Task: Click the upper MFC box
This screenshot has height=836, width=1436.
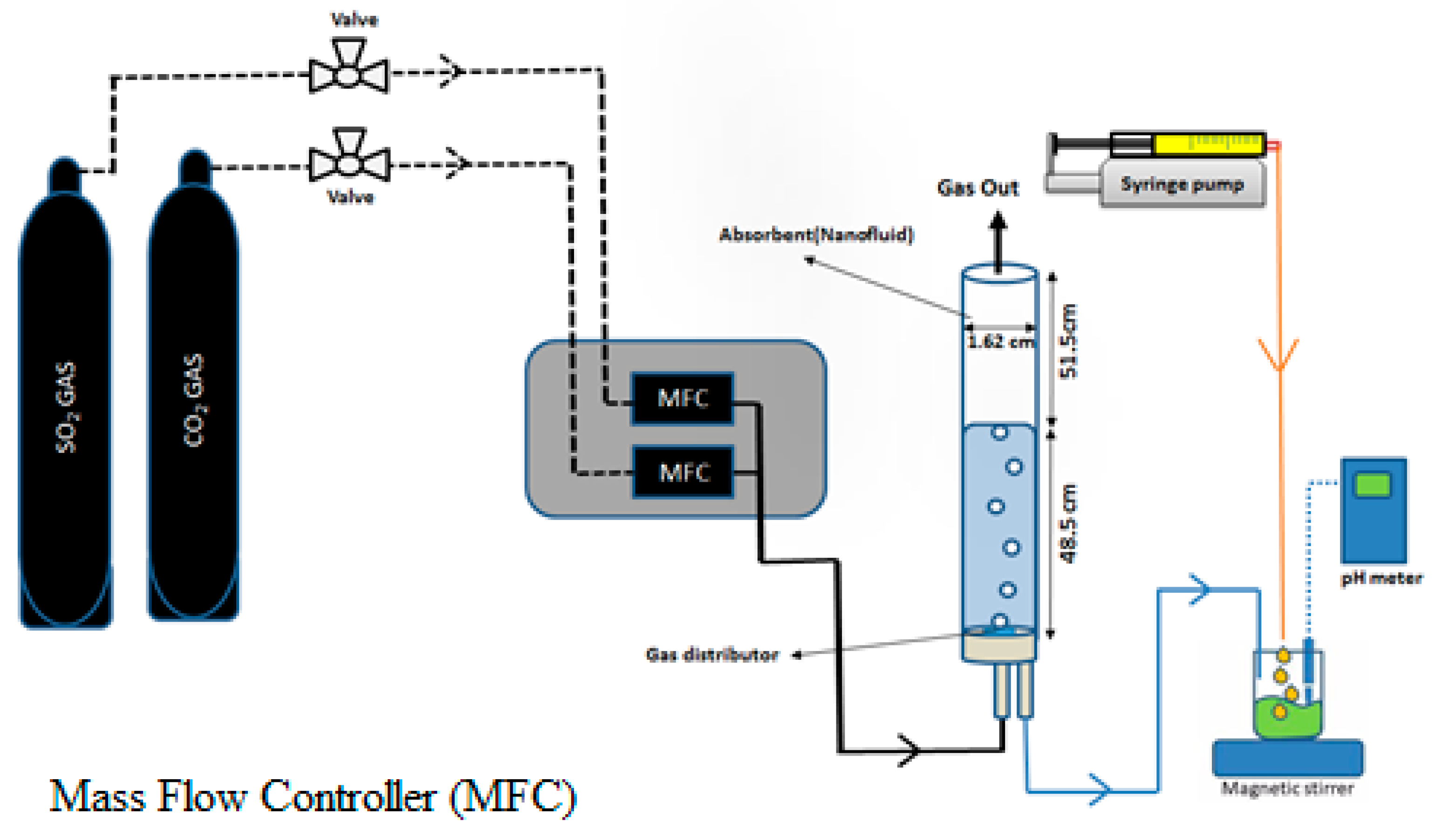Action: tap(682, 398)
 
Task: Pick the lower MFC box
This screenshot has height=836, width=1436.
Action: tap(683, 473)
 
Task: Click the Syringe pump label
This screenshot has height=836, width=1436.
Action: tap(1182, 184)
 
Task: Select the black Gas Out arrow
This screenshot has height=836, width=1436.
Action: tap(998, 242)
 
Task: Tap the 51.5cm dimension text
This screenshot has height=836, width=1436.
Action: tap(1068, 342)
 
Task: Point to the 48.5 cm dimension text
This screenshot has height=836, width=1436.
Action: tap(1068, 524)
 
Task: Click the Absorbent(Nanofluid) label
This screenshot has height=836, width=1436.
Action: tap(816, 234)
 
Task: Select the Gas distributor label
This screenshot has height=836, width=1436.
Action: tap(712, 654)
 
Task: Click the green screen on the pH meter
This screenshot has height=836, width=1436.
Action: tap(1373, 485)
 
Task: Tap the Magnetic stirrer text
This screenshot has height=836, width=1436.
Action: tap(1287, 788)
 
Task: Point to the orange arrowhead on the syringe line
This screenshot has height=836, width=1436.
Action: tap(1279, 356)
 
